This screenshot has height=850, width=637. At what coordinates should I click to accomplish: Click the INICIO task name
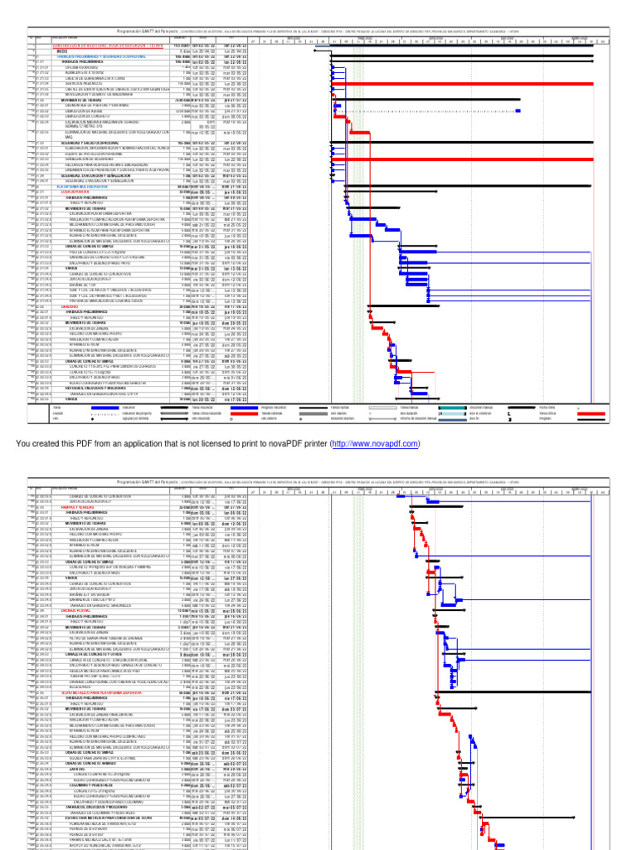click(x=61, y=51)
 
